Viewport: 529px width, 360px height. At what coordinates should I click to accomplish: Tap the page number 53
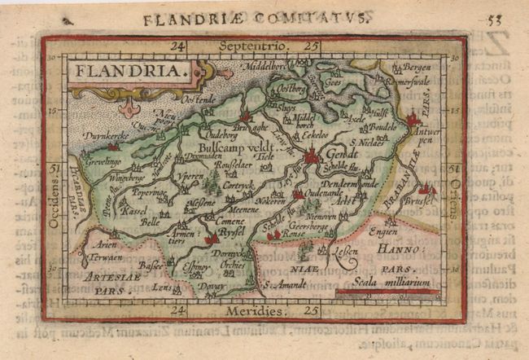(494, 17)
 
